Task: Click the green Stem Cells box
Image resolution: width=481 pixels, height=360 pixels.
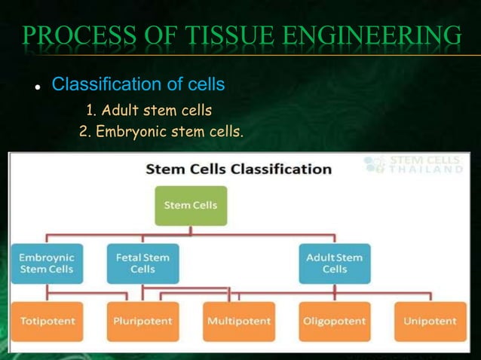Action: tap(191, 206)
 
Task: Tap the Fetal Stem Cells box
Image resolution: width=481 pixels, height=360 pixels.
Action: tap(142, 263)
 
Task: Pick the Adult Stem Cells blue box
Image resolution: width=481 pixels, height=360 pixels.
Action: tap(335, 263)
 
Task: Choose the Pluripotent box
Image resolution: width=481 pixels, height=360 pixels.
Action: tap(142, 321)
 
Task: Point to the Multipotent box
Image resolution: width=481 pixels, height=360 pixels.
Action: tap(239, 321)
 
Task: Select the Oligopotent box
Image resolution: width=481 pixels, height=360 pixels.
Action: tap(335, 321)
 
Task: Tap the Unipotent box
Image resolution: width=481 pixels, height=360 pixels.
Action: tap(430, 321)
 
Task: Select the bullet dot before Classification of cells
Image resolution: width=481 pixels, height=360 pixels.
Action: tap(35, 84)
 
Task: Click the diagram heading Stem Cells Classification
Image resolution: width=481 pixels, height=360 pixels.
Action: tap(238, 169)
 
